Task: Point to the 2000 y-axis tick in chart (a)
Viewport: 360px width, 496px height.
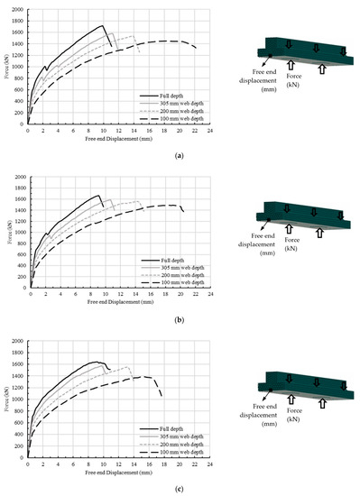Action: click(x=19, y=11)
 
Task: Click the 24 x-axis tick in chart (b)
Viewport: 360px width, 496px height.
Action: click(x=210, y=296)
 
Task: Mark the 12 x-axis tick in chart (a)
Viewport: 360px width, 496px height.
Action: click(x=119, y=131)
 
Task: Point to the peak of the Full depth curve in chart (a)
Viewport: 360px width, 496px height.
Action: click(x=103, y=25)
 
